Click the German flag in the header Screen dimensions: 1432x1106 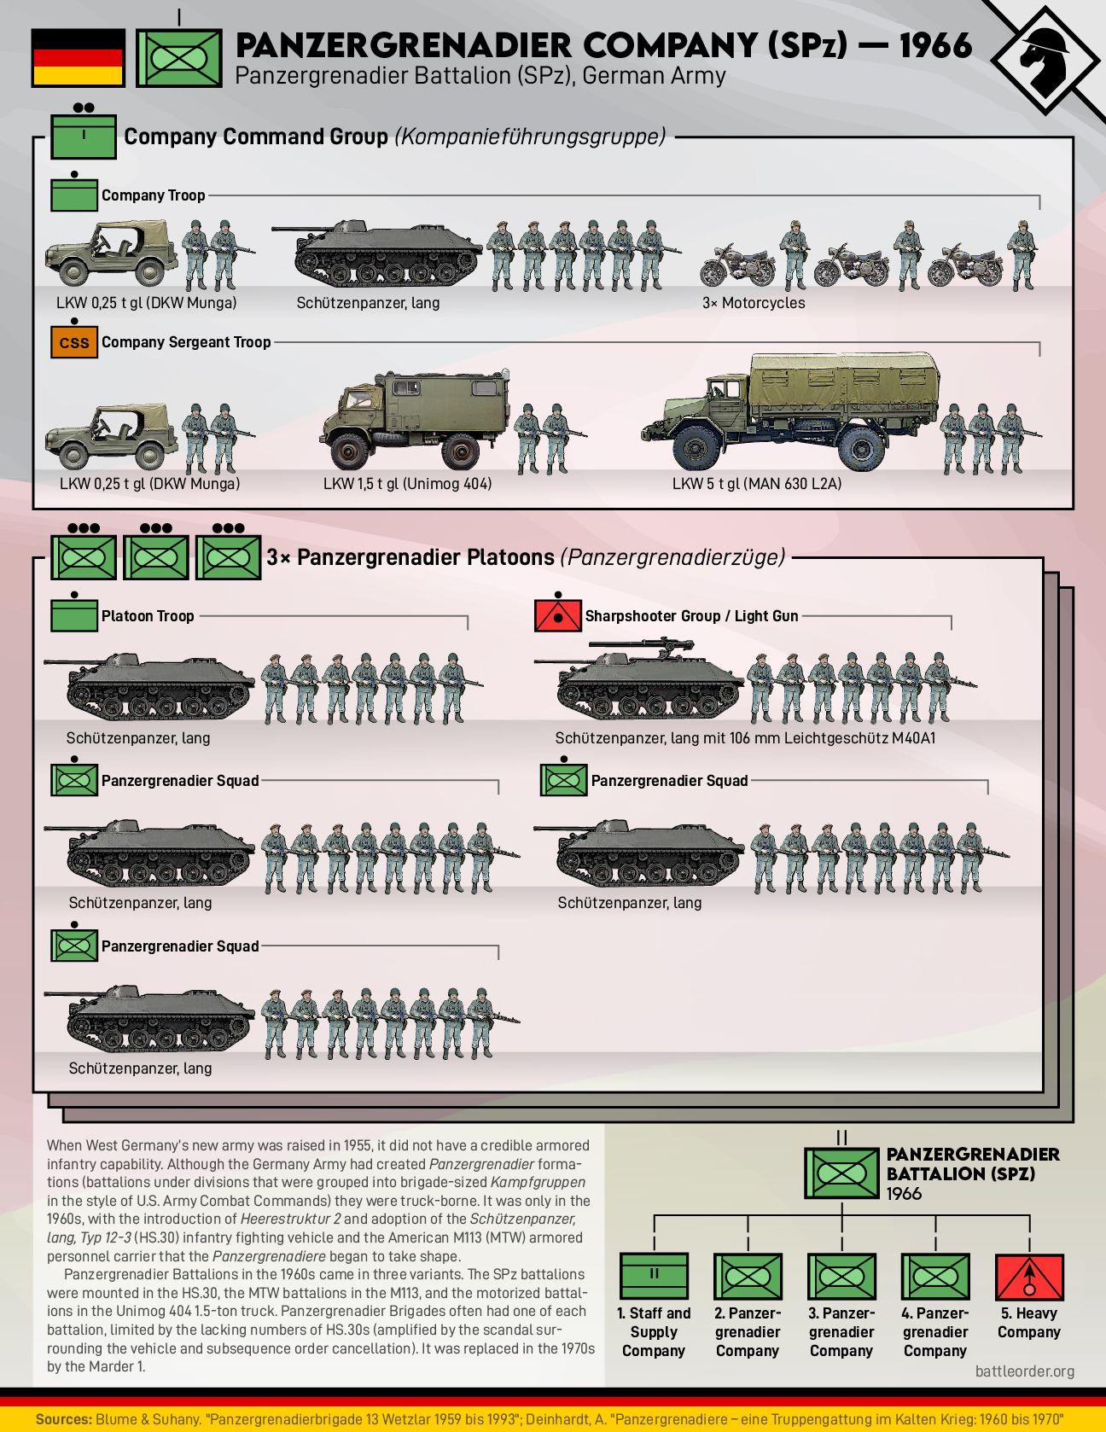(79, 57)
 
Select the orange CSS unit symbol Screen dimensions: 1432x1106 (74, 343)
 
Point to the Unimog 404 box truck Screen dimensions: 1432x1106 (416, 424)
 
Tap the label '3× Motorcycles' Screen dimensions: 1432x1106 (754, 303)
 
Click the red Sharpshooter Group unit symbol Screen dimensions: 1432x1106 (557, 616)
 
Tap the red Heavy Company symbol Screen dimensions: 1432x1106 (1029, 1277)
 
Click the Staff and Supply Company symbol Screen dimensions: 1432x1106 (654, 1277)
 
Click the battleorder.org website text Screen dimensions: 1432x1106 (1025, 1371)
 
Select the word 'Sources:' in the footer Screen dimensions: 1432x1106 (63, 1419)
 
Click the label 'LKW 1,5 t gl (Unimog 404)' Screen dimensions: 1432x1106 (407, 484)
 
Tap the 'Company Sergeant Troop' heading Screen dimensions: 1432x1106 (186, 342)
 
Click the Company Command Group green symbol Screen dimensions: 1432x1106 (83, 136)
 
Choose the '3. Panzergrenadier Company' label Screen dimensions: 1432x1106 (841, 1332)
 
